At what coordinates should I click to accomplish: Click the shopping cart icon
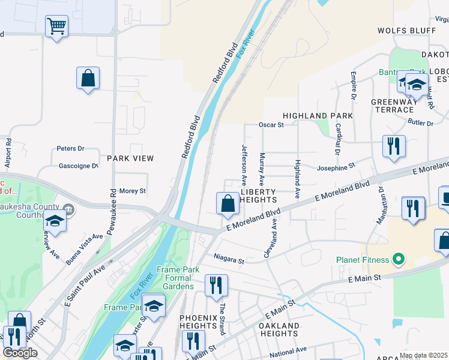(56, 26)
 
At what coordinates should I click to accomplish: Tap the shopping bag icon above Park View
(88, 78)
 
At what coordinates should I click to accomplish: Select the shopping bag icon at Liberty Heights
(228, 203)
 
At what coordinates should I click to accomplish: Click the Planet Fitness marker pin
(397, 260)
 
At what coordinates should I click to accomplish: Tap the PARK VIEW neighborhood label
(130, 158)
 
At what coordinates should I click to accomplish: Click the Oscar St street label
(271, 125)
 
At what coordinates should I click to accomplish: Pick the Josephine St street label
(337, 166)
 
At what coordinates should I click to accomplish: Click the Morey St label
(133, 191)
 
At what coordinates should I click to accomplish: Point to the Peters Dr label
(70, 148)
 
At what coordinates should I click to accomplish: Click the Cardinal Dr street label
(338, 139)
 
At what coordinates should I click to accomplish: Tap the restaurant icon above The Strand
(216, 285)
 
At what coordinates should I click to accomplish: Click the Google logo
(20, 353)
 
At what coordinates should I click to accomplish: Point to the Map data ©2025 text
(423, 355)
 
